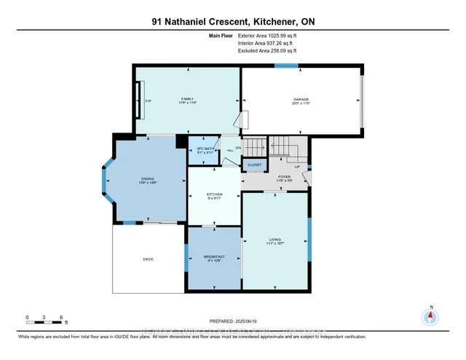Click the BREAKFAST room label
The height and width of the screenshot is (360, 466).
pos(213,257)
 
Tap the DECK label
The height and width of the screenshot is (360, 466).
pos(148,259)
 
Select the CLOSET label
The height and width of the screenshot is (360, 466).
pos(254,165)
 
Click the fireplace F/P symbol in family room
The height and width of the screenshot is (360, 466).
pos(148,101)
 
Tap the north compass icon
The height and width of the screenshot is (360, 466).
pos(431,316)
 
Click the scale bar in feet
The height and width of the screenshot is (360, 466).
pos(46,318)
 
